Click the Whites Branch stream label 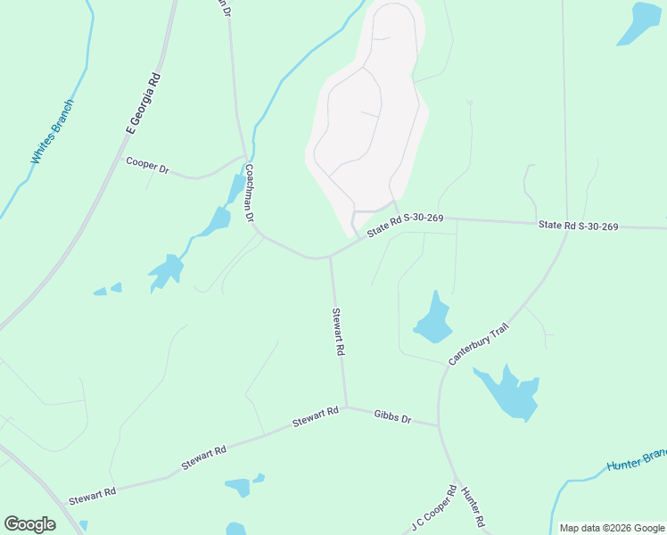pyautogui.click(x=52, y=132)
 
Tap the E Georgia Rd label pyautogui.click(x=144, y=103)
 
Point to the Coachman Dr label pyautogui.click(x=251, y=193)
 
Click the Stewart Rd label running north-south pyautogui.click(x=338, y=333)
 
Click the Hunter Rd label pyautogui.click(x=473, y=506)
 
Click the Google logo pyautogui.click(x=29, y=524)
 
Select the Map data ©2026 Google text pyautogui.click(x=612, y=528)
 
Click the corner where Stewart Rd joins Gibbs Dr pyautogui.click(x=346, y=407)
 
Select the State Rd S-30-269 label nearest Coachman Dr pyautogui.click(x=405, y=223)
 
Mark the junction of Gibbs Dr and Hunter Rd pyautogui.click(x=439, y=425)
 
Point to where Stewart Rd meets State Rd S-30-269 pyautogui.click(x=330, y=258)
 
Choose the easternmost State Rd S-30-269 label pyautogui.click(x=578, y=226)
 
